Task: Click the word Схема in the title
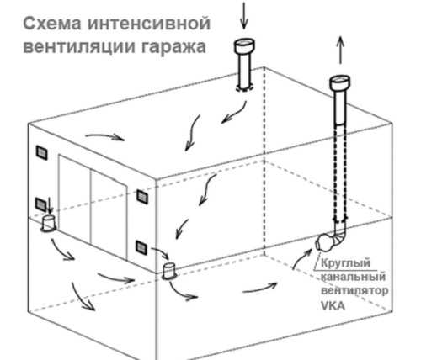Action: [52, 24]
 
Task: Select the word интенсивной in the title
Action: [149, 24]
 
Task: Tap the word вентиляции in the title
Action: [79, 46]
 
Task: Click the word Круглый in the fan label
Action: [345, 263]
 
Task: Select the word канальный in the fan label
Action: [353, 277]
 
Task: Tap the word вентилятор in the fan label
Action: [354, 290]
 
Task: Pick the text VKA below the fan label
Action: [333, 305]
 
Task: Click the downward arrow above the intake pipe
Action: [244, 15]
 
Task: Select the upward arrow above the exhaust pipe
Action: [340, 50]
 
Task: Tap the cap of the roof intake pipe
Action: [244, 46]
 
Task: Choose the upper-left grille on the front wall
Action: [41, 153]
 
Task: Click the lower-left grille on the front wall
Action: [41, 204]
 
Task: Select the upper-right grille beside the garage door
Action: [142, 196]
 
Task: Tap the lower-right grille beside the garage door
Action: [141, 247]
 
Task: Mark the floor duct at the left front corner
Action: [48, 224]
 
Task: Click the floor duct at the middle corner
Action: [170, 271]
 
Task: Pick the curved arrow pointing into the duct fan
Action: [301, 257]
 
